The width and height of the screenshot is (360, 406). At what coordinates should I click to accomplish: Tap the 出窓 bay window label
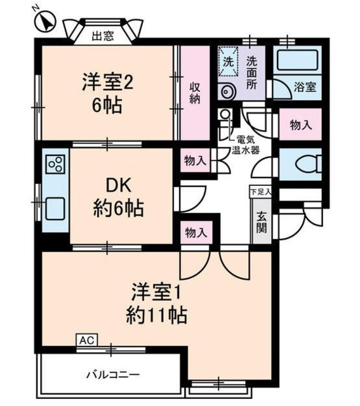103,36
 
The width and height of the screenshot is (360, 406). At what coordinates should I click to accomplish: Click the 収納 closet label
194,93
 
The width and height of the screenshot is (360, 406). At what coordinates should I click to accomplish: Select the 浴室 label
305,88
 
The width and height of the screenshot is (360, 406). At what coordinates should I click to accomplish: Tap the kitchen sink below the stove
55,206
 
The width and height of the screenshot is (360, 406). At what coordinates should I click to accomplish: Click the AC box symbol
86,341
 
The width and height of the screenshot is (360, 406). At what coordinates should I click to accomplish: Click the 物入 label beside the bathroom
301,124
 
